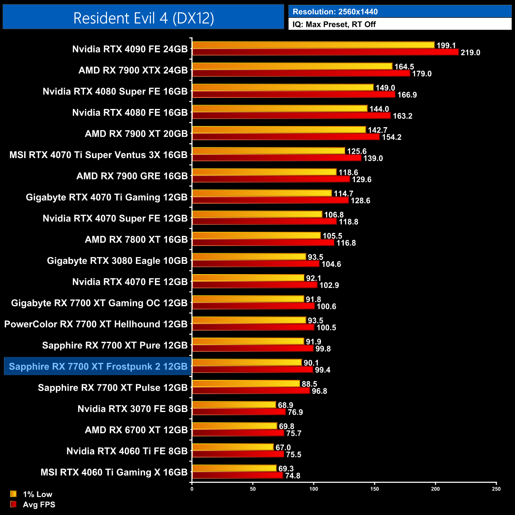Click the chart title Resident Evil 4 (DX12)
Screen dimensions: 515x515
pos(143,18)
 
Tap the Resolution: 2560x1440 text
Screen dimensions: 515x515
pos(335,12)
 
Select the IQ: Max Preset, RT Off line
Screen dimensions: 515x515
pos(334,24)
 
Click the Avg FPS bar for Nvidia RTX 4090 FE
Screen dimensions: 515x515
pos(325,52)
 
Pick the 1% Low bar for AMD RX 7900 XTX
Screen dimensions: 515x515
pos(292,66)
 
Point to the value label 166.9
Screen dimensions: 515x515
pos(407,95)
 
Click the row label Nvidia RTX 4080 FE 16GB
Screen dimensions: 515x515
pos(130,113)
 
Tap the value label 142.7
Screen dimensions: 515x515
pos(377,130)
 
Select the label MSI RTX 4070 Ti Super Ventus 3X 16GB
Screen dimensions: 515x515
pos(98,155)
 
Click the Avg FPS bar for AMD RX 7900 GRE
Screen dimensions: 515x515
pos(271,179)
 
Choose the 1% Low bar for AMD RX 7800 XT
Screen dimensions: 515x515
pos(256,236)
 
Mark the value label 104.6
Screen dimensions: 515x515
pos(331,264)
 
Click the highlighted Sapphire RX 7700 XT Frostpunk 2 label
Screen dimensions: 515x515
pos(98,366)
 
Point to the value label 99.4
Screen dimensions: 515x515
pos(322,370)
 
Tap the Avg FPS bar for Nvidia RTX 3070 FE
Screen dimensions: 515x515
pos(238,412)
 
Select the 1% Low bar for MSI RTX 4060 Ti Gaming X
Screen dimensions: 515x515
pos(234,468)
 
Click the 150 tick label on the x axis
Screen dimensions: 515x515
pos(374,489)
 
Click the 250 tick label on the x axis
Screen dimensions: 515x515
pos(496,489)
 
